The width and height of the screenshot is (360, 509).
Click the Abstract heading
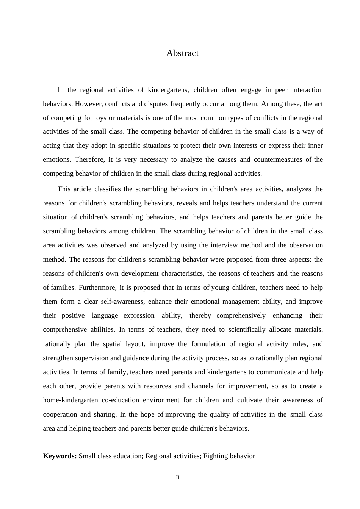[x=182, y=53]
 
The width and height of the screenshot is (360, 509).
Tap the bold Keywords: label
[x=60, y=456]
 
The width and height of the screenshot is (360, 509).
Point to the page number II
[x=178, y=478]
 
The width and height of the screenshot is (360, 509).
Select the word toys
[x=100, y=118]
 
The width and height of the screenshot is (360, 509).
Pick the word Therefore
[x=89, y=159]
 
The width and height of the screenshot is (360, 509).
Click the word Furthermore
[x=97, y=287]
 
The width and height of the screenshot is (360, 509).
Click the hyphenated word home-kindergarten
[x=71, y=400]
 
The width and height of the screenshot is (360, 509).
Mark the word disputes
[x=156, y=104]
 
